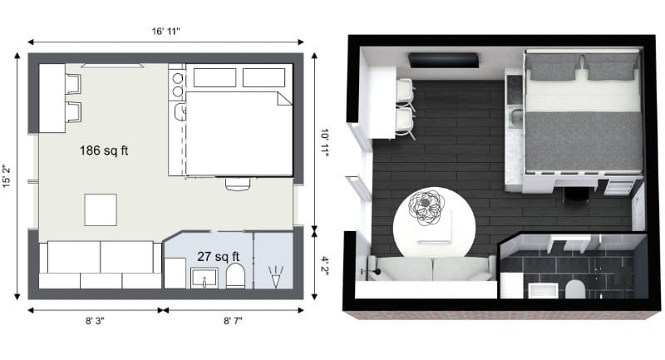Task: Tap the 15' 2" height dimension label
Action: tap(9, 175)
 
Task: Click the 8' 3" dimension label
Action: tap(95, 320)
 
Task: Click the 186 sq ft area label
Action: tap(103, 151)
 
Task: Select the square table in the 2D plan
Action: tap(101, 209)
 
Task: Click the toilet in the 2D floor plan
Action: tap(235, 277)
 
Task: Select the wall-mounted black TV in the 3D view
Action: tap(445, 60)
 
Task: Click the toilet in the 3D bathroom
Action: tap(572, 288)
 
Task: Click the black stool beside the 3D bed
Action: tap(575, 194)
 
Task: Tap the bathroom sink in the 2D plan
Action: tap(204, 277)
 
